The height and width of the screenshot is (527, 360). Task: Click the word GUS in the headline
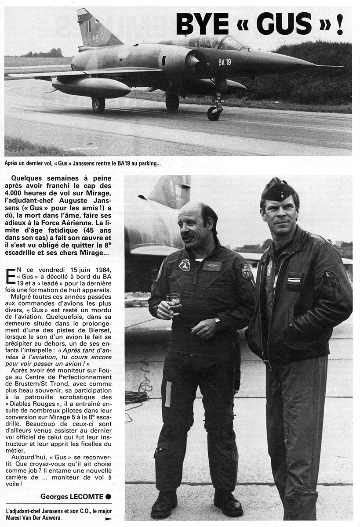tap(284, 24)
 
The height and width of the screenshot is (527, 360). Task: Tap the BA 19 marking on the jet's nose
tap(225, 62)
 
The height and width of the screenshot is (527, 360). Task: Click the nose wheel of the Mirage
tap(213, 113)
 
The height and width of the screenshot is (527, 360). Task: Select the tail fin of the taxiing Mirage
tap(95, 29)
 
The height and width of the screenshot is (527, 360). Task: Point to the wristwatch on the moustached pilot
tap(218, 322)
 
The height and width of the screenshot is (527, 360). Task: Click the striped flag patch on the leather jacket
tap(294, 278)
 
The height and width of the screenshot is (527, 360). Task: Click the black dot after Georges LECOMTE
tap(109, 496)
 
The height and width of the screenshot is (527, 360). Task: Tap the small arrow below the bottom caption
tap(109, 519)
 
